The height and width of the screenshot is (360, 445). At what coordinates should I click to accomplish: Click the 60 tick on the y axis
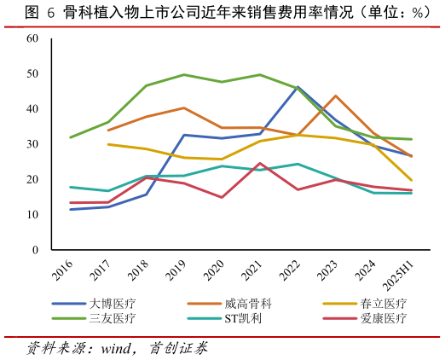[32, 38]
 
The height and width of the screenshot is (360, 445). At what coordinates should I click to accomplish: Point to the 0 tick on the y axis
[35, 250]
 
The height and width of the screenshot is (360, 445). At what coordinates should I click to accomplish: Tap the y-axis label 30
[32, 144]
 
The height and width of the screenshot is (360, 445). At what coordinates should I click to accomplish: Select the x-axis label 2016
[61, 271]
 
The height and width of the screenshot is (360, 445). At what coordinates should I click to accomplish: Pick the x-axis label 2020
[212, 271]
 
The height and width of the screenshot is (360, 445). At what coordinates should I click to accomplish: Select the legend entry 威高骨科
[248, 304]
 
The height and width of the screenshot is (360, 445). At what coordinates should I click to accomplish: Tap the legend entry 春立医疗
[384, 304]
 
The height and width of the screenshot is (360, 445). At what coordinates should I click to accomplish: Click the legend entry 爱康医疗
[384, 318]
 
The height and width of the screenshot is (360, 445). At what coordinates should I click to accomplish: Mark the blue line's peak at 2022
[298, 87]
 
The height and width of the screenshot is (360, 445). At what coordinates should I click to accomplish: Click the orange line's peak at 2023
[335, 96]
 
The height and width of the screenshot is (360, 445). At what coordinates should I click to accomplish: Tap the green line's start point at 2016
[70, 137]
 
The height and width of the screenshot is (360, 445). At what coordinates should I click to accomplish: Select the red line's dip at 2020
[222, 197]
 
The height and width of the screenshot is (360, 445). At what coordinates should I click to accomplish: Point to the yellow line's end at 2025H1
[412, 180]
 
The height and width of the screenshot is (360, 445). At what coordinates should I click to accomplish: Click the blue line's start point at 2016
[70, 209]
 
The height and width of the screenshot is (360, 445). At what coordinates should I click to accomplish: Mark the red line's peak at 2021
[259, 163]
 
